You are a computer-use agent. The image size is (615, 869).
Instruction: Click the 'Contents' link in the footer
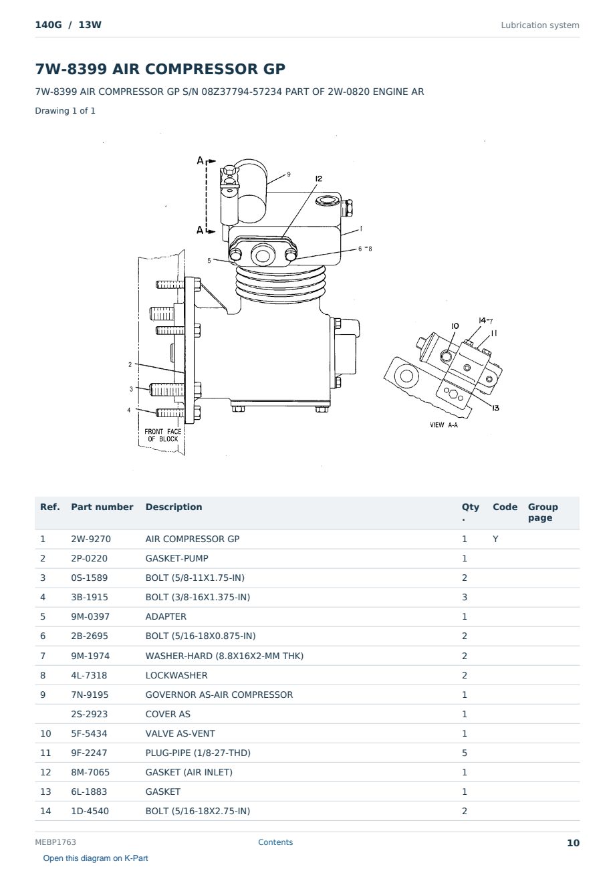click(275, 842)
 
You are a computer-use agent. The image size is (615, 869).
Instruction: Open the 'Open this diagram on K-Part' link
click(96, 858)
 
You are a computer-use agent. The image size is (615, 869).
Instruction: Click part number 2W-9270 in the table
click(91, 539)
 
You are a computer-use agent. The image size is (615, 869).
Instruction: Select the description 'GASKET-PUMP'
click(176, 558)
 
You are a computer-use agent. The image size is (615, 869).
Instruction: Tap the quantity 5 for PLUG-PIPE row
click(465, 753)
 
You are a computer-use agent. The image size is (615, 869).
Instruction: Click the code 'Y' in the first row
click(495, 539)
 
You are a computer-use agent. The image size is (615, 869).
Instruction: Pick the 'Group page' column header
click(543, 512)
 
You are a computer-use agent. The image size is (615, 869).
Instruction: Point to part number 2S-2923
click(90, 714)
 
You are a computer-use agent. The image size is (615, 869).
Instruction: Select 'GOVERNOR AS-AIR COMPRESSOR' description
click(219, 695)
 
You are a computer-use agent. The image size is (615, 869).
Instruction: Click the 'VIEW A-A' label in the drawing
click(443, 424)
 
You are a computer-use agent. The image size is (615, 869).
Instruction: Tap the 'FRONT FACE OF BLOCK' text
click(163, 435)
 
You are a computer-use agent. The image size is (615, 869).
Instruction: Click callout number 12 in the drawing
click(319, 178)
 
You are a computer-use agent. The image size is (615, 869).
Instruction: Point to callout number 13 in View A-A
click(495, 408)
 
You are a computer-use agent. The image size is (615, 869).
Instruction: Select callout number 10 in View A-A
click(455, 326)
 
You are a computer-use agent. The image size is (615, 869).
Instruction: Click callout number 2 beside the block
click(130, 364)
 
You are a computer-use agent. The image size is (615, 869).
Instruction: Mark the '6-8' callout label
click(365, 249)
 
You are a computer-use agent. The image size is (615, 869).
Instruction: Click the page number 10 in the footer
click(573, 843)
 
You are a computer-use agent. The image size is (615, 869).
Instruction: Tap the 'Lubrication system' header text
click(539, 25)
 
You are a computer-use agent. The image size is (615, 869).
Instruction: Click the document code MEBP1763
click(55, 842)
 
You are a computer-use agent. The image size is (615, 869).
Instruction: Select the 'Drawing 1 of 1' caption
click(66, 110)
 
